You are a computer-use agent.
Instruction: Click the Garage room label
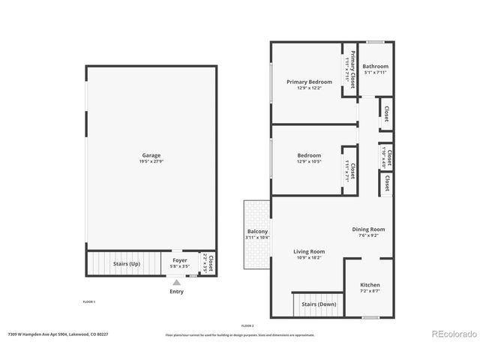point(151,155)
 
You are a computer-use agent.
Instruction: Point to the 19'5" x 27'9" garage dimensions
point(151,161)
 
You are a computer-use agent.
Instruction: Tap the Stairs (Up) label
point(126,264)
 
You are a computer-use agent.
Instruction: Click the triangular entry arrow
point(176,283)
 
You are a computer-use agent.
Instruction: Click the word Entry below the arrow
point(176,291)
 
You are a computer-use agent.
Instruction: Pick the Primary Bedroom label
point(309,82)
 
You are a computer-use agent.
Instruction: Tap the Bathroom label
point(376,66)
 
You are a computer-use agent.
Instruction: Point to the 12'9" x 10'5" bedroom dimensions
point(309,161)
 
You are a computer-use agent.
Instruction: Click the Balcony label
point(257,232)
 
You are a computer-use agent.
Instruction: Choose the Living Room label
point(309,251)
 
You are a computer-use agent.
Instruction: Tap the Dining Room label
point(368,229)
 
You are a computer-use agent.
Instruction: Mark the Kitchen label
point(370,285)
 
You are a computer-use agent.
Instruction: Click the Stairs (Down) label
point(319,304)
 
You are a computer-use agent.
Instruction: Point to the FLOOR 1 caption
point(88,301)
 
